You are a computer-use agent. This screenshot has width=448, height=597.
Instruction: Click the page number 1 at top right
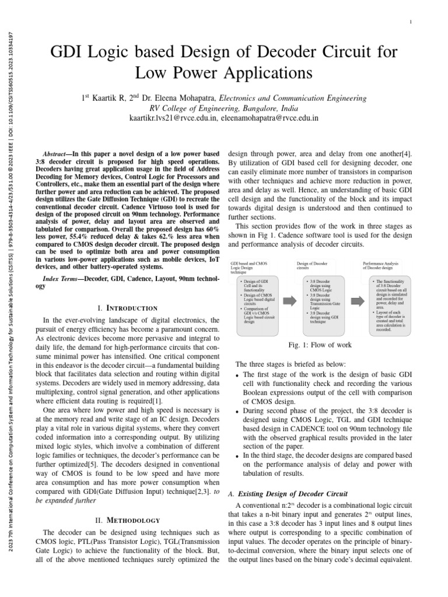pyautogui.click(x=411, y=22)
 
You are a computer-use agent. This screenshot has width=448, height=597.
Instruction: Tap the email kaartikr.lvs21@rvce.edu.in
pyautogui.click(x=173, y=118)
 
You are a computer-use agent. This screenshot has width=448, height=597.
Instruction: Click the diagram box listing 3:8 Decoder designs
pyautogui.click(x=321, y=301)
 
